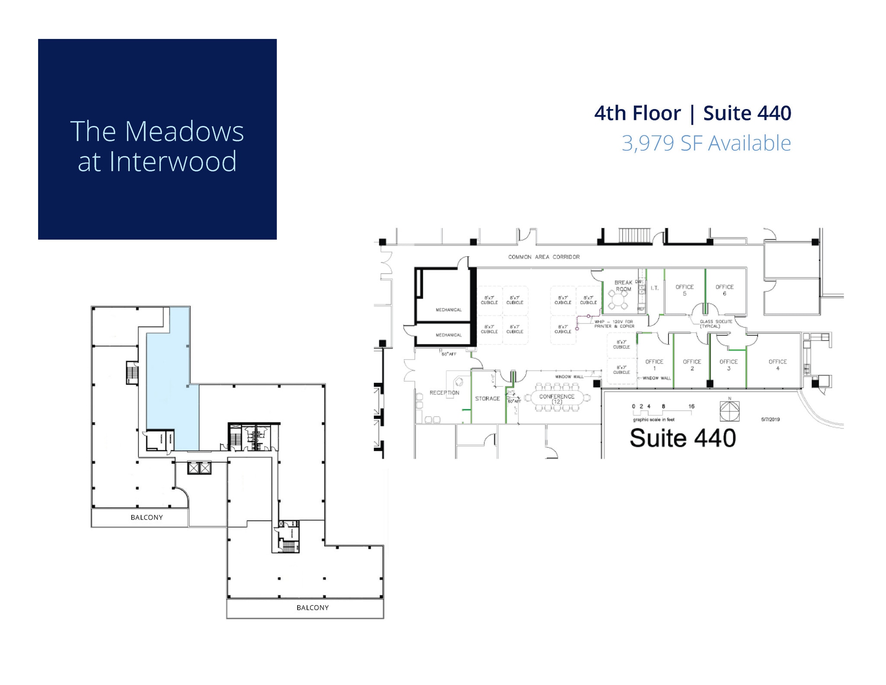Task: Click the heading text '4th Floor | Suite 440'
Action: point(692,113)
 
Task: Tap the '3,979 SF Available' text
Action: point(706,143)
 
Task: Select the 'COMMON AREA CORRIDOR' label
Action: point(544,257)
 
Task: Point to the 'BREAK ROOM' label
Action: point(623,286)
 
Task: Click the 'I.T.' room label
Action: point(655,288)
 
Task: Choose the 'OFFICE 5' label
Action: point(684,290)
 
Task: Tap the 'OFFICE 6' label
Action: point(725,290)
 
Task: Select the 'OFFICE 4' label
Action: point(777,365)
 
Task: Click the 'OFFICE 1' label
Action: point(654,365)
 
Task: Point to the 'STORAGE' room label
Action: point(487,399)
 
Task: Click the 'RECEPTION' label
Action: point(444,393)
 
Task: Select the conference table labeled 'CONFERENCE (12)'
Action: point(557,399)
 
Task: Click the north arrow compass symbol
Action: point(729,411)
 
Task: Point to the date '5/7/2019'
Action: point(770,419)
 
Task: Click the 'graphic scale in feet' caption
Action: point(654,420)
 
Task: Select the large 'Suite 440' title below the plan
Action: point(683,438)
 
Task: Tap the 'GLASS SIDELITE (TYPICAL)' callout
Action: point(716,324)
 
